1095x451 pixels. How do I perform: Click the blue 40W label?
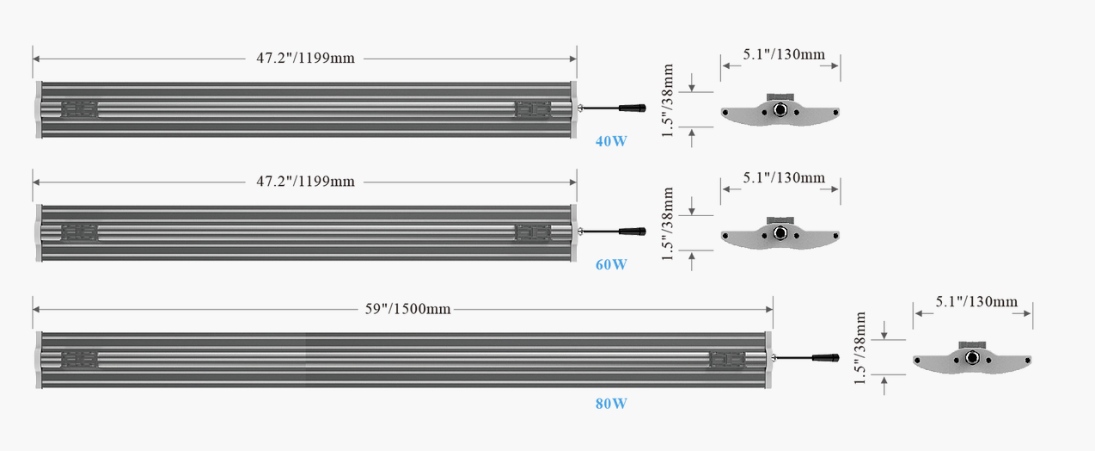611,141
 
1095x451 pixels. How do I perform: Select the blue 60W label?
611,265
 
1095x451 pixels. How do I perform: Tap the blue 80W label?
611,404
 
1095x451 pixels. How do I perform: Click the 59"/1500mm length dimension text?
407,309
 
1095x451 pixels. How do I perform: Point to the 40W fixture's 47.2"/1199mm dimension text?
305,59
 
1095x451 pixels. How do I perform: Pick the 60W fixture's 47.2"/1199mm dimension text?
305,182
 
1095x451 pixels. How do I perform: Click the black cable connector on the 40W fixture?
633,108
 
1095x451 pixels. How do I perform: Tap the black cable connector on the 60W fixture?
633,232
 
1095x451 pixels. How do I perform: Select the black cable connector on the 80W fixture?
826,358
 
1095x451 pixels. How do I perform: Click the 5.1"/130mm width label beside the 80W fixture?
976,301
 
